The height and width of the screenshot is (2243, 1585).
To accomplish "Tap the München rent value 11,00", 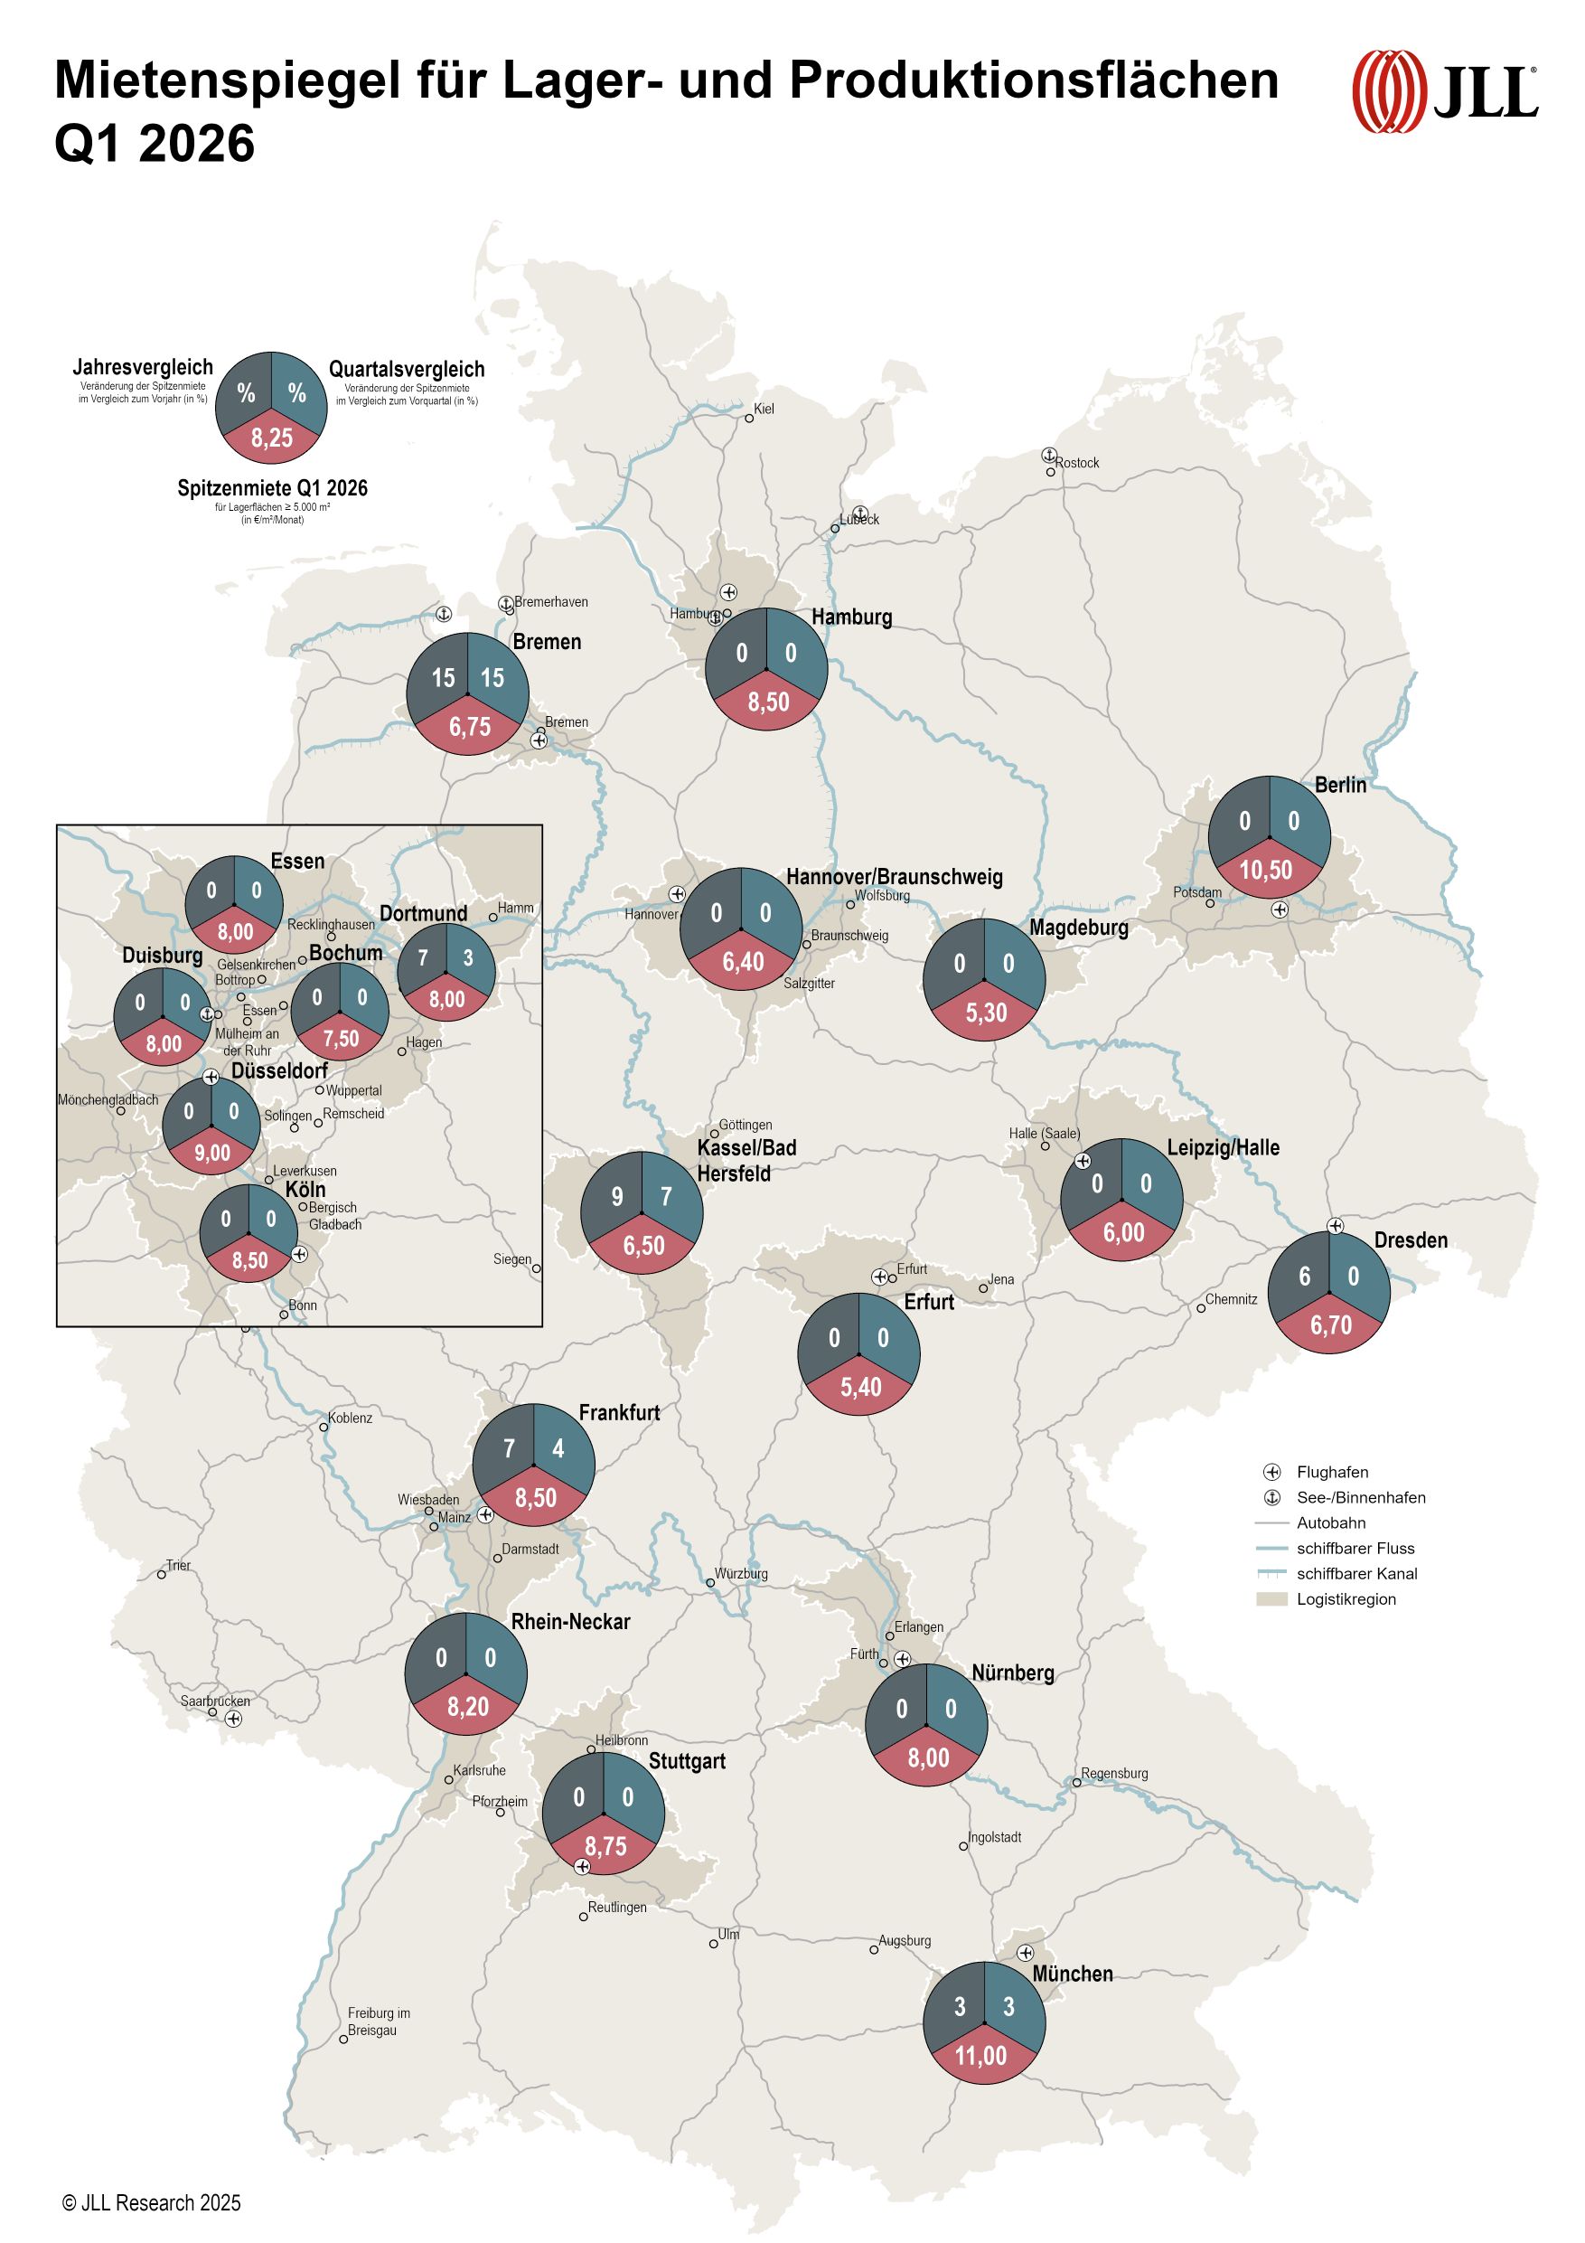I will [x=980, y=2056].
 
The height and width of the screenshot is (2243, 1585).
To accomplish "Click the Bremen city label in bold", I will [x=546, y=642].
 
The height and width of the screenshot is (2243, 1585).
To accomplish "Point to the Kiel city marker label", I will [x=764, y=409].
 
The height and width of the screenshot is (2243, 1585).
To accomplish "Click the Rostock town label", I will [x=1076, y=463].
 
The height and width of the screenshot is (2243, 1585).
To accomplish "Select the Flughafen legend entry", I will [x=1331, y=1472].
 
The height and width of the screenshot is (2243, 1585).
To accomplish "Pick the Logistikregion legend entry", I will [x=1345, y=1599].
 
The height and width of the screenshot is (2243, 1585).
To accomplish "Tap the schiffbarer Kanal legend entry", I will [x=1355, y=1574].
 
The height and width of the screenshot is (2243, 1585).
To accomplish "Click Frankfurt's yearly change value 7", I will [x=509, y=1447].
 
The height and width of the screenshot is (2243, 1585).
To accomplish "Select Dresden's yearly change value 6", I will [x=1304, y=1276].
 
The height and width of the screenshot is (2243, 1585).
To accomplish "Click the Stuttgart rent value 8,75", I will [x=605, y=1846].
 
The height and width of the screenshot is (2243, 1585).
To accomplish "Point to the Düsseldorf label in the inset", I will [x=279, y=1070].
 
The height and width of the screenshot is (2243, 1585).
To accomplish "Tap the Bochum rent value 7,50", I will [x=341, y=1039].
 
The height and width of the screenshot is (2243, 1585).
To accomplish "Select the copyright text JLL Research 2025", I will [x=152, y=2202].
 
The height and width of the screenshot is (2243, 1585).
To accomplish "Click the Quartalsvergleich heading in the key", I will [x=407, y=369].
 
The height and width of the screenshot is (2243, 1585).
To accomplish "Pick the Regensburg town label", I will [x=1113, y=1773].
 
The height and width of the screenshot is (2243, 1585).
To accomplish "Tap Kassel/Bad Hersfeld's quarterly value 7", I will [x=666, y=1197].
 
